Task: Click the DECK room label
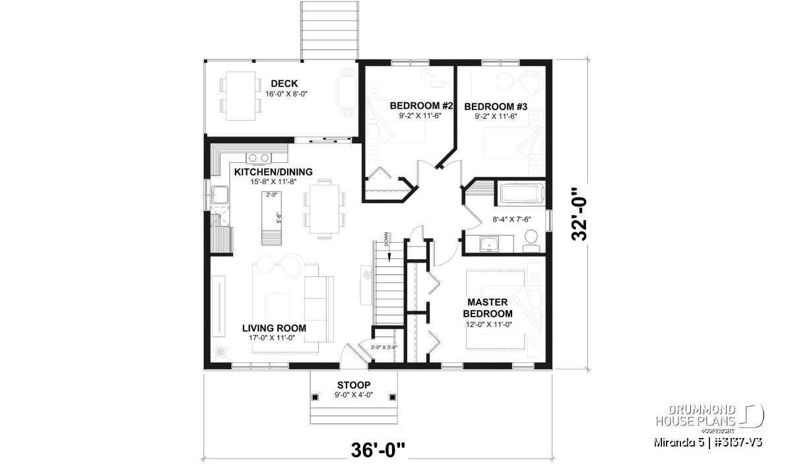coord(284,84)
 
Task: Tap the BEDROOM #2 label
coord(421,106)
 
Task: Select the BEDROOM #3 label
coord(496,106)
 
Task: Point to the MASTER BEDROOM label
coord(488,308)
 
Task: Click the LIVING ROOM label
coord(274,328)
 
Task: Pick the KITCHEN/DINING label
coord(273,172)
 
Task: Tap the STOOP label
coord(354,385)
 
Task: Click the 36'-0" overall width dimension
coord(378,450)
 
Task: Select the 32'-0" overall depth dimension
coord(579,214)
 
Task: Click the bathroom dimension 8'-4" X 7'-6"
coord(511,220)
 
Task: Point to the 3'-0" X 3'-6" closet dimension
coord(383,348)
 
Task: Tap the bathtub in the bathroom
coord(521,193)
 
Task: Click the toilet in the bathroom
coord(531,241)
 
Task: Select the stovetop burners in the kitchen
coord(259,158)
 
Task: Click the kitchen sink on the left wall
coord(220,195)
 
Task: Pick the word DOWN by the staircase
coord(385,239)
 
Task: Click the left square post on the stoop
coord(315,398)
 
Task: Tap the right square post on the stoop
coord(393,398)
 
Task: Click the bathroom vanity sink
coord(489,244)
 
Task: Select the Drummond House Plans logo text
coord(696,416)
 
